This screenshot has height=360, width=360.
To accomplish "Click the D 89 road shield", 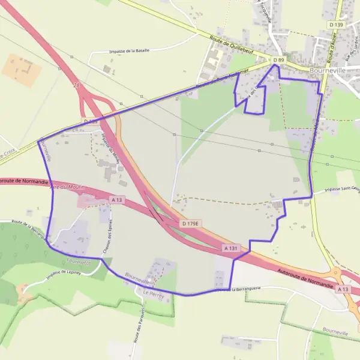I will click(278, 61).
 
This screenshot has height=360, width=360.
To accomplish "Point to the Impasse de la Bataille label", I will click(129, 51).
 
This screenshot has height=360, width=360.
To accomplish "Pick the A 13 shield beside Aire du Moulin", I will click(116, 199).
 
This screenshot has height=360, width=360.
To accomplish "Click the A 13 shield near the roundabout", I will click(343, 289).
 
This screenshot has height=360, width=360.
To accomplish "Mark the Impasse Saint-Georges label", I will click(342, 189).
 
